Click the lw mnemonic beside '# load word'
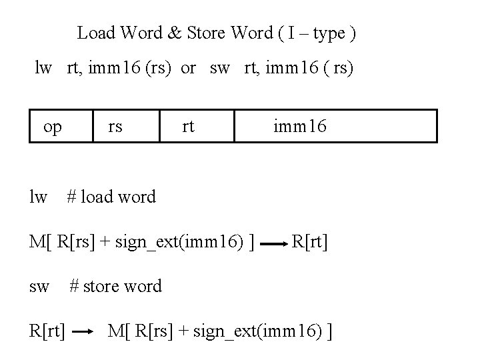tap(39, 197)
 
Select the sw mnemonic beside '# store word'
tap(39, 287)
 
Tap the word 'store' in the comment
tap(103, 287)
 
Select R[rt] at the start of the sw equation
tap(47, 330)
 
